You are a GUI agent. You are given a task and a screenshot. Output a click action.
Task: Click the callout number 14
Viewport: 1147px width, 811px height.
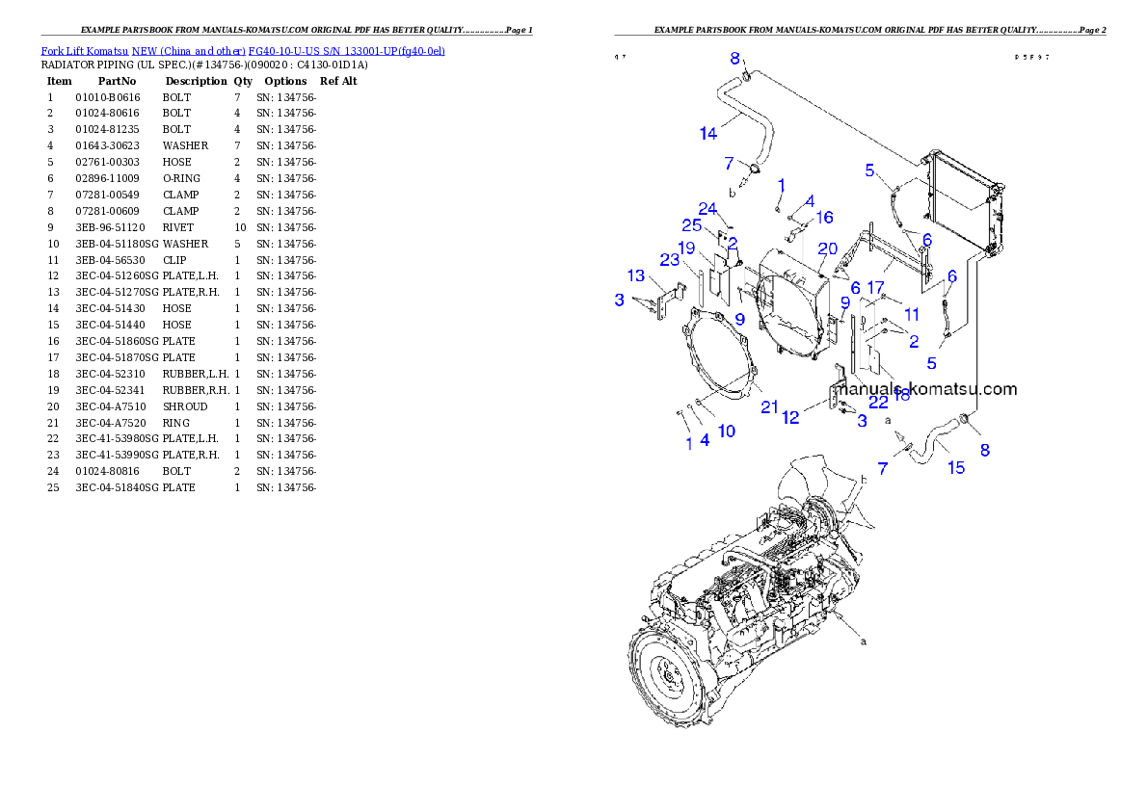[x=708, y=133]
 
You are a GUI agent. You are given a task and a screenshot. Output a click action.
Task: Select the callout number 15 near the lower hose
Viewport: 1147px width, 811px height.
[x=955, y=468]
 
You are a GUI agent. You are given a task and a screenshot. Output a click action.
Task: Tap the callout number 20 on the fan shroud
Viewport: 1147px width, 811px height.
[x=827, y=249]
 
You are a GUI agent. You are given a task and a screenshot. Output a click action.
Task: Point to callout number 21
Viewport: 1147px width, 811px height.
[x=768, y=407]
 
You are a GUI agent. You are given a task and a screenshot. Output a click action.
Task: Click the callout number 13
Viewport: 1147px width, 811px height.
[x=636, y=277]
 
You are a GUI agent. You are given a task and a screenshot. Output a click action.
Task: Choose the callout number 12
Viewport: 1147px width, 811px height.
[x=790, y=417]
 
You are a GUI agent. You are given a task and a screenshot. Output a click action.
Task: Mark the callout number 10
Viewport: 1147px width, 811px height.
[x=726, y=431]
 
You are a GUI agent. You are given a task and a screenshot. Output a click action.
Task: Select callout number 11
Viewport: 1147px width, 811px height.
[x=912, y=314]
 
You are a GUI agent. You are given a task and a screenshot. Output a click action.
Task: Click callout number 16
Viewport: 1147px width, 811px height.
[x=824, y=218]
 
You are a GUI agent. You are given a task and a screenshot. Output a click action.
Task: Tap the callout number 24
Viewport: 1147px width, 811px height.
[x=707, y=209]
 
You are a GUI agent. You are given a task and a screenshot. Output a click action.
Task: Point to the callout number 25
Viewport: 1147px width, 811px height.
[x=691, y=225]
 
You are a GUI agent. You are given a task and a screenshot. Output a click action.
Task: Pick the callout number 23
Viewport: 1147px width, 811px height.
[x=670, y=259]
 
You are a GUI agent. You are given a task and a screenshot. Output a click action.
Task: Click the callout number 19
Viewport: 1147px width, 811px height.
[x=686, y=249]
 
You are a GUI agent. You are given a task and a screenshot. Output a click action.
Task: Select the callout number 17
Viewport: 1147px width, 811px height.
[x=875, y=287]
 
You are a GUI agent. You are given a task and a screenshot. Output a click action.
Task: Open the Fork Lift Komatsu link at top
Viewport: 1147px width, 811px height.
[x=242, y=50]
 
